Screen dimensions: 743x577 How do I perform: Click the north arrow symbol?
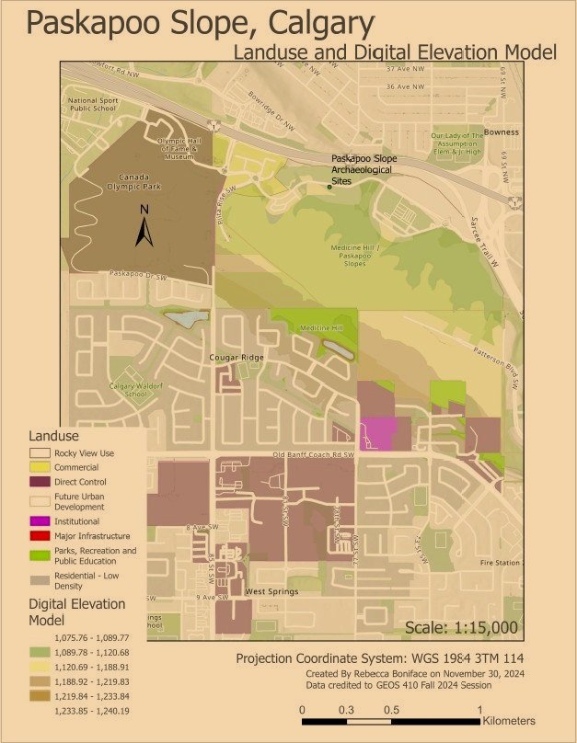144,227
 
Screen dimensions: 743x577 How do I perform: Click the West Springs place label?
271,591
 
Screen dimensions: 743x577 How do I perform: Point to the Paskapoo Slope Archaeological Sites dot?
329,187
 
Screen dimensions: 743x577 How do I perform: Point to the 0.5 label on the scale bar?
391,710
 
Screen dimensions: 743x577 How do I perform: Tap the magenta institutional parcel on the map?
379,432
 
